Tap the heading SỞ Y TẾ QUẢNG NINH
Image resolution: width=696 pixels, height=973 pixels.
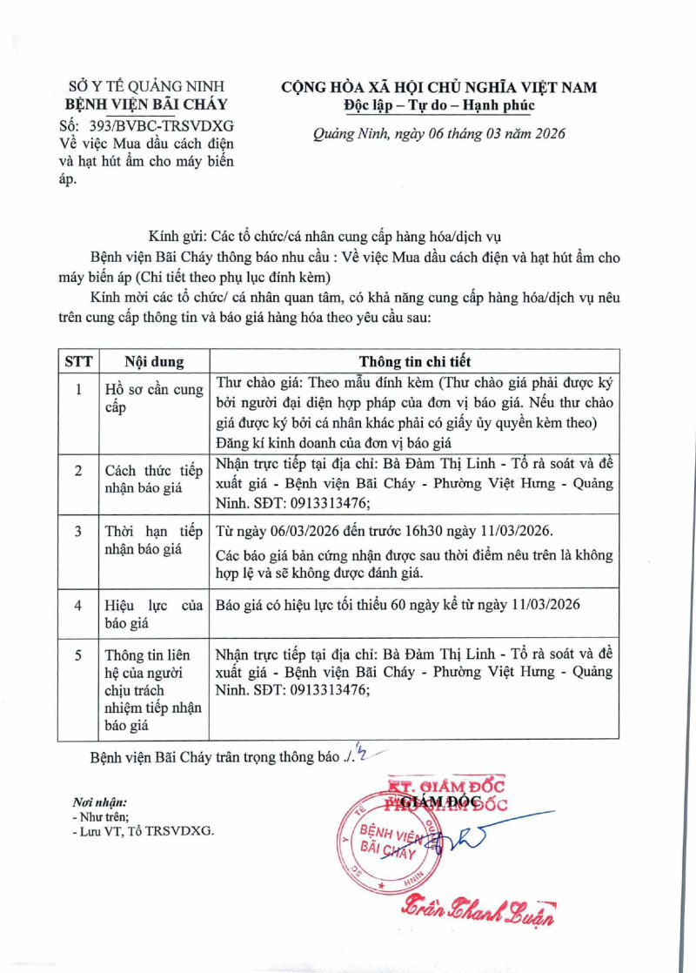(146, 86)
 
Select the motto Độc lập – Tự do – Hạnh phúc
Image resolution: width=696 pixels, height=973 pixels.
(439, 106)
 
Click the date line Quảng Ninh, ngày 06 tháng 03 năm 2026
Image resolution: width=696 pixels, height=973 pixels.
(439, 134)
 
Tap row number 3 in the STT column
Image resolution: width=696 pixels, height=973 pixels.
(79, 531)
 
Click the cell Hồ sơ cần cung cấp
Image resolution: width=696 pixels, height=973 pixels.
(152, 398)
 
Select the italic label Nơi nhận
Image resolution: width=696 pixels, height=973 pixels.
(98, 802)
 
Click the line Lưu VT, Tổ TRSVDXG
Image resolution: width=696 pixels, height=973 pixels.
(143, 831)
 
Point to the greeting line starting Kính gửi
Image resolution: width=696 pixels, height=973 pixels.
(325, 236)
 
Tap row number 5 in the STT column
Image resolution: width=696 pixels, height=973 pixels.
(79, 654)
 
